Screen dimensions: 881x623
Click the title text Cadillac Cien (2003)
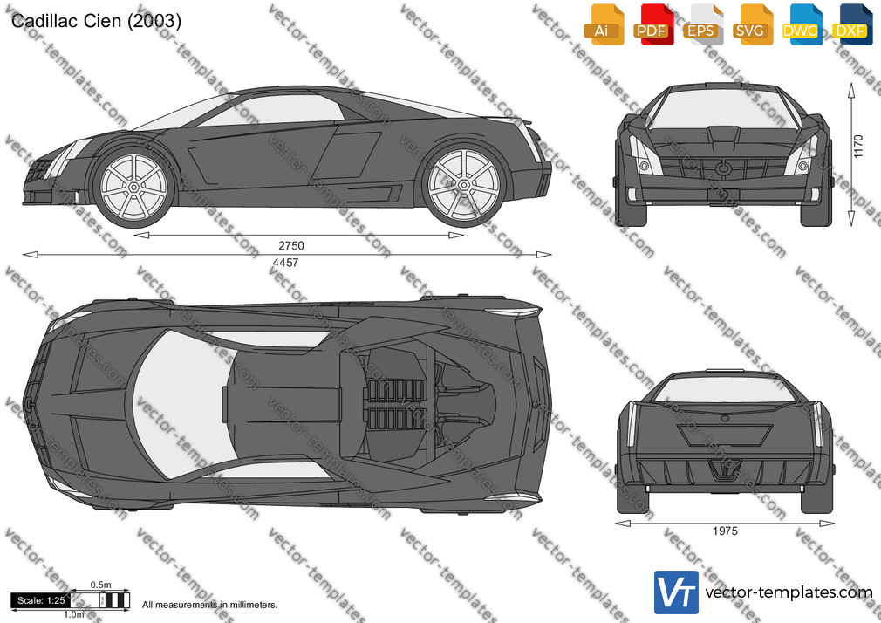[96, 21]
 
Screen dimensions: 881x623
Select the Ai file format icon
[604, 24]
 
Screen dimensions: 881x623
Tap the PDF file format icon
[653, 24]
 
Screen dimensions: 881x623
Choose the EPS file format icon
[703, 24]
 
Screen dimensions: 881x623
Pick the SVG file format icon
[752, 24]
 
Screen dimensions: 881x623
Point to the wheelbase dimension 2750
[291, 246]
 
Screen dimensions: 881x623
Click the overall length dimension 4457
[285, 263]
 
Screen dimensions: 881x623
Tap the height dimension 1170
[858, 147]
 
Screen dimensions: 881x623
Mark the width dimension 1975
[725, 531]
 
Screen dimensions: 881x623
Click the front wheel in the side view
[134, 186]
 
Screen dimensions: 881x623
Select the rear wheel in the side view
[463, 185]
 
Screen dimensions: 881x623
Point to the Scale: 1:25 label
[41, 600]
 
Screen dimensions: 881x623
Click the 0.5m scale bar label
[101, 585]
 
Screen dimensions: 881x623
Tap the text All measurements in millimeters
[209, 605]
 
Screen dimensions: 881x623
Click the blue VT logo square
[676, 592]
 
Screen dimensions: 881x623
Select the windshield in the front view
[724, 108]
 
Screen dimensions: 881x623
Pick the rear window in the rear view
[725, 389]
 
